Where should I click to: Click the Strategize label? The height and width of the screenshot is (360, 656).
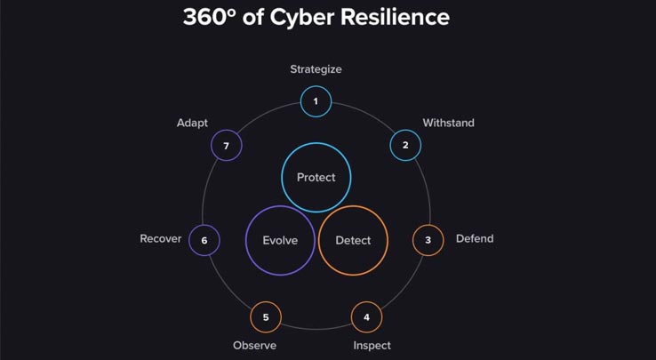316,69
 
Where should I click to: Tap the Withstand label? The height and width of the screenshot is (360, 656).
449,123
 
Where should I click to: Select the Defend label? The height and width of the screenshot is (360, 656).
475,238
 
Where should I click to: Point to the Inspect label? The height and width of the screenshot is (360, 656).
372,346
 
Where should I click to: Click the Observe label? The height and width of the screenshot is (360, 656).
255,346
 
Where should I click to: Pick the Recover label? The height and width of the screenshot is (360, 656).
161,238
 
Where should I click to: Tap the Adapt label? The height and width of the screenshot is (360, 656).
193,123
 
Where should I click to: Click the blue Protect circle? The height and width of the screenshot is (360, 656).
316,143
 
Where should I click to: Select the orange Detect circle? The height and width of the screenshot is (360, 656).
353,205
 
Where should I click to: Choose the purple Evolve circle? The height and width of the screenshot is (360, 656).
280,205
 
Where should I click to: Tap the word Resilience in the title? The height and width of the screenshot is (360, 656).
395,18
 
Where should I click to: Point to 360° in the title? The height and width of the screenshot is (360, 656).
210,18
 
